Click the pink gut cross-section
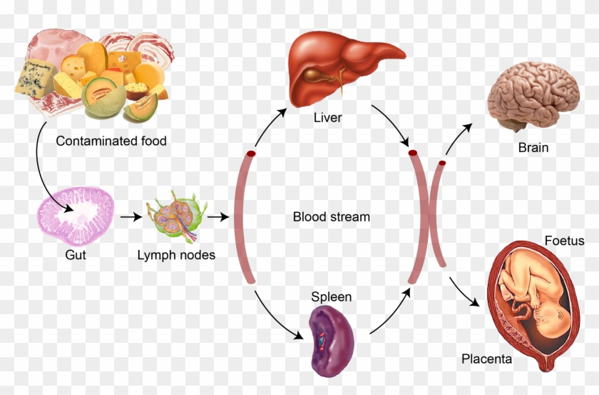tap(76, 215)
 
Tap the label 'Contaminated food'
tap(111, 141)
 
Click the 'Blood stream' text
tap(332, 216)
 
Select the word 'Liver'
tap(328, 117)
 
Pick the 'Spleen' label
tap(331, 296)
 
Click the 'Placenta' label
tap(486, 359)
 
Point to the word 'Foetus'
tap(563, 241)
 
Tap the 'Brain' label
tap(533, 148)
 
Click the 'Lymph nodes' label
tap(176, 255)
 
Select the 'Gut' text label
tap(76, 254)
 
